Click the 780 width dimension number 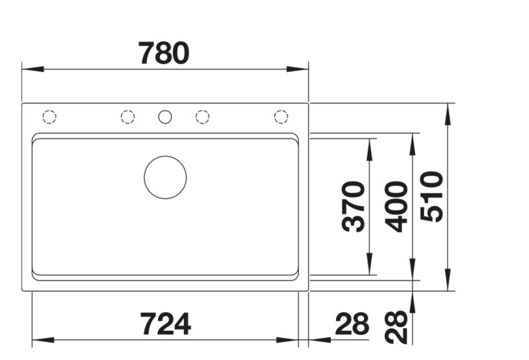pyautogui.click(x=164, y=53)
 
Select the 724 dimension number pyautogui.click(x=165, y=324)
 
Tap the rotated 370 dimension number pyautogui.click(x=354, y=206)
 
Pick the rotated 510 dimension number pyautogui.click(x=431, y=197)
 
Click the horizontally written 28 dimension pyautogui.click(x=351, y=324)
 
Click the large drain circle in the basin pyautogui.click(x=165, y=177)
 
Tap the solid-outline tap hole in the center pyautogui.click(x=165, y=117)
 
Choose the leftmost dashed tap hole pyautogui.click(x=49, y=117)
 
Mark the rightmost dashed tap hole pyautogui.click(x=281, y=117)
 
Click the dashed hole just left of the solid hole pyautogui.click(x=128, y=117)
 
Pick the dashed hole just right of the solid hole pyautogui.click(x=202, y=117)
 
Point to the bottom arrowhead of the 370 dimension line pyautogui.click(x=368, y=267)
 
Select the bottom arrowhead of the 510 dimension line pyautogui.click(x=449, y=283)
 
